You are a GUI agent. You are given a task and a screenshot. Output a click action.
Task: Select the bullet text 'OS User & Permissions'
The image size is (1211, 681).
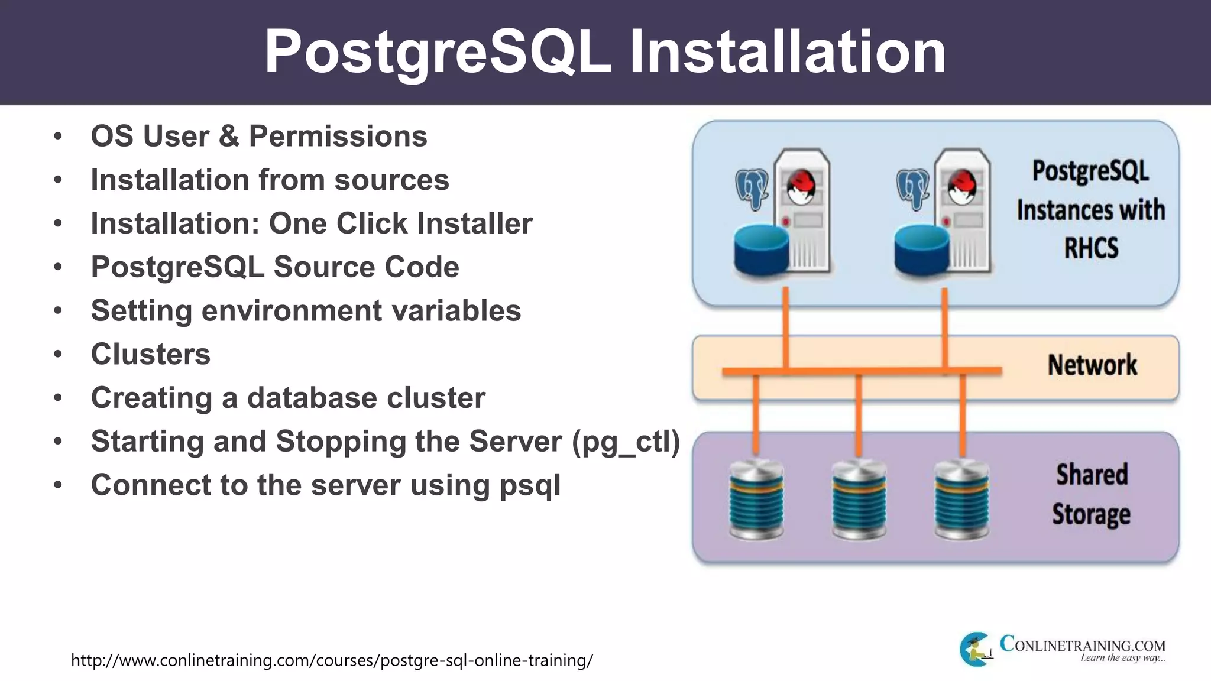click(x=258, y=137)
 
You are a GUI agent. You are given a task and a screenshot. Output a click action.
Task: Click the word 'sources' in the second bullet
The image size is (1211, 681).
click(x=391, y=180)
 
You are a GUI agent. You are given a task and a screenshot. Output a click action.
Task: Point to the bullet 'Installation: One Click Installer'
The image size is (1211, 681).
click(x=311, y=223)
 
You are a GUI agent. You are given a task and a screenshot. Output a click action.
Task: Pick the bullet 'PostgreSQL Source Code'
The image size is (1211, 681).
click(x=274, y=267)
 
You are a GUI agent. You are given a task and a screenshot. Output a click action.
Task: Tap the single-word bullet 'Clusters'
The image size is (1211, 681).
click(x=150, y=354)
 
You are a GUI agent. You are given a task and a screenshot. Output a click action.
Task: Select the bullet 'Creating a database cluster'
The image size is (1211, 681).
click(x=287, y=398)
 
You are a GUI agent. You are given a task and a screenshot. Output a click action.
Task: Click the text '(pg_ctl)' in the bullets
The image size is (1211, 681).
click(x=626, y=442)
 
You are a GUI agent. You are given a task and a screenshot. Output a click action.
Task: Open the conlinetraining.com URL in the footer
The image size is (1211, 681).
click(x=332, y=660)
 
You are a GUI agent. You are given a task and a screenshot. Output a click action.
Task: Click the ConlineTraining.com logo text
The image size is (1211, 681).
click(x=1082, y=646)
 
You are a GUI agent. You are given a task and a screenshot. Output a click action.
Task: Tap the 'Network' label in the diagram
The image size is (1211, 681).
click(x=1092, y=365)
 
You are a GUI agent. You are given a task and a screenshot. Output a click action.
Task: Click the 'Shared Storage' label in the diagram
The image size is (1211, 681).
click(x=1092, y=494)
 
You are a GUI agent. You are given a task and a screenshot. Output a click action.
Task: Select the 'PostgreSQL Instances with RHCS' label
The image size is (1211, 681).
click(x=1090, y=209)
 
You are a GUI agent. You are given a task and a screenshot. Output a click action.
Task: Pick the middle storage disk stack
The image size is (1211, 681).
click(x=859, y=500)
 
